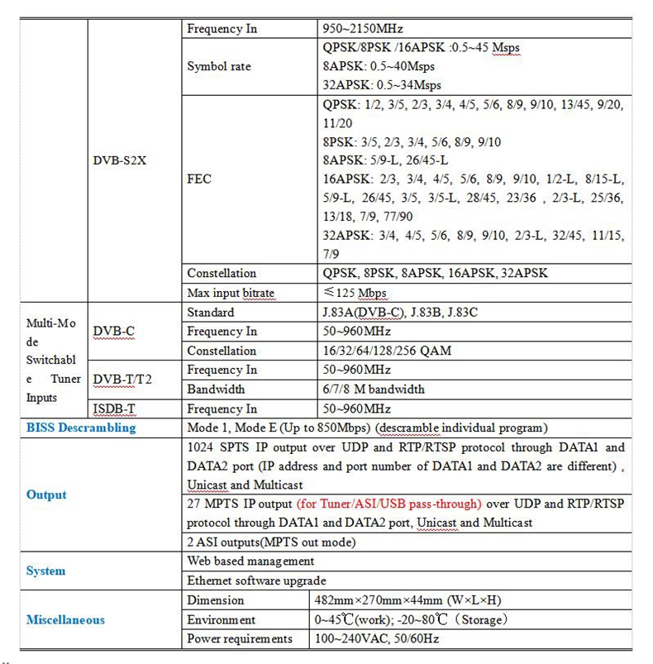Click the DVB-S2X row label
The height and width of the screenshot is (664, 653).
(119, 160)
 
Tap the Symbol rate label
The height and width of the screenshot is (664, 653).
(219, 66)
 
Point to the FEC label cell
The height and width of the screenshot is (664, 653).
(199, 178)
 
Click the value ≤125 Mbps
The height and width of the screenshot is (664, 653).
(355, 293)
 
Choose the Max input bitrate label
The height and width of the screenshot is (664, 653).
(231, 293)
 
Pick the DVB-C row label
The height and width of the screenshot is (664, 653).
(113, 332)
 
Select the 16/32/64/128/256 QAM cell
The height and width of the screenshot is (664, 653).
(388, 351)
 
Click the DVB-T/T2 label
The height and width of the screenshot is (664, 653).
(122, 380)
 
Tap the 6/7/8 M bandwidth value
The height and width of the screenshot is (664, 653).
(374, 389)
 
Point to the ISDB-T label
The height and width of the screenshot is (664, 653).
(115, 408)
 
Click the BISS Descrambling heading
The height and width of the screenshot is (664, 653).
(81, 428)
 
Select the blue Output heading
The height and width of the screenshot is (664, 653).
(46, 494)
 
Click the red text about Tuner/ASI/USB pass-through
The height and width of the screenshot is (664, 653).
(388, 504)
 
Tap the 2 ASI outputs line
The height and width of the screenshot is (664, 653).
(271, 542)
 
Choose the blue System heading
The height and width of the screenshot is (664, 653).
(45, 571)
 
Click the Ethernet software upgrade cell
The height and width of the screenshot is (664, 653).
(256, 580)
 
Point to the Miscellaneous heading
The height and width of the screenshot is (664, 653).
(65, 619)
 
